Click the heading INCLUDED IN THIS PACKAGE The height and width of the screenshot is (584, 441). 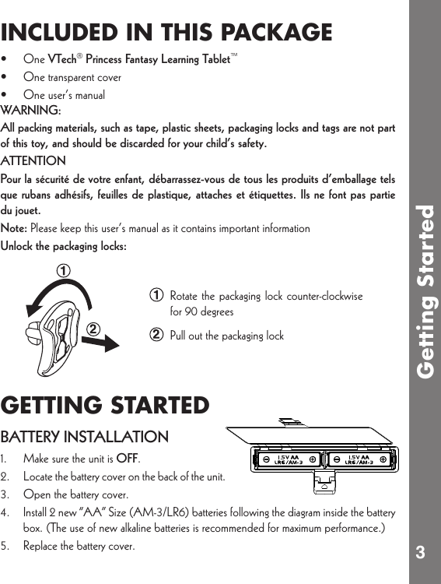[166, 33]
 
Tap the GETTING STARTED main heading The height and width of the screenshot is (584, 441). [105, 406]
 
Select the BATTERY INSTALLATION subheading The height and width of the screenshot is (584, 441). [85, 436]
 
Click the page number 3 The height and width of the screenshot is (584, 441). [420, 554]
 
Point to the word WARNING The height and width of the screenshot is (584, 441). [31, 110]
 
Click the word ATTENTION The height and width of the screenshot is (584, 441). [33, 160]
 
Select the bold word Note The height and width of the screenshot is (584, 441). [13, 229]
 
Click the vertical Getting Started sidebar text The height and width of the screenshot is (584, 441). [425, 292]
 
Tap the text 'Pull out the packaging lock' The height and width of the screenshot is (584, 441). [226, 336]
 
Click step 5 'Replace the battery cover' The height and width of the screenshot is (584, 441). [79, 546]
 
